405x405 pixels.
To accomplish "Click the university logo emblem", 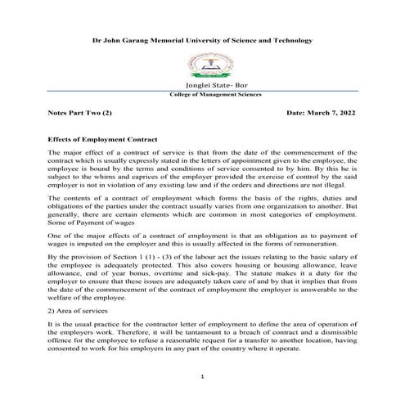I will [x=202, y=65].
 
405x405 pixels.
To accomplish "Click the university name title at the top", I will [x=202, y=39].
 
